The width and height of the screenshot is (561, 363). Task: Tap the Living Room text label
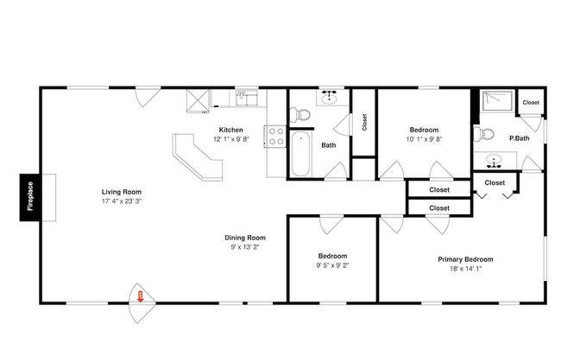pyautogui.click(x=121, y=192)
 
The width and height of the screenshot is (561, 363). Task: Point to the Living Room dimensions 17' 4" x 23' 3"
pyautogui.click(x=121, y=201)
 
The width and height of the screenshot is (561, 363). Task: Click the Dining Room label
pyautogui.click(x=245, y=237)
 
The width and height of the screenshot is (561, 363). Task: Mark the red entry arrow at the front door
pyautogui.click(x=140, y=298)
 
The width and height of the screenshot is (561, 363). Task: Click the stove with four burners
pyautogui.click(x=276, y=136)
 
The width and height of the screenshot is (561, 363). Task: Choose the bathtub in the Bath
pyautogui.click(x=299, y=155)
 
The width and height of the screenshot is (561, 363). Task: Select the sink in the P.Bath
pyautogui.click(x=495, y=160)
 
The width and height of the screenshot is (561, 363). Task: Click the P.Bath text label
pyautogui.click(x=519, y=138)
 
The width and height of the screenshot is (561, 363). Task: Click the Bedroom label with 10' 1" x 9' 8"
pyautogui.click(x=423, y=130)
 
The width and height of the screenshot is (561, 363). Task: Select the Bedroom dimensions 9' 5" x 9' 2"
pyautogui.click(x=332, y=265)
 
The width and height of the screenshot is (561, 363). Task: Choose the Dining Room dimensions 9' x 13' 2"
pyautogui.click(x=245, y=246)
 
